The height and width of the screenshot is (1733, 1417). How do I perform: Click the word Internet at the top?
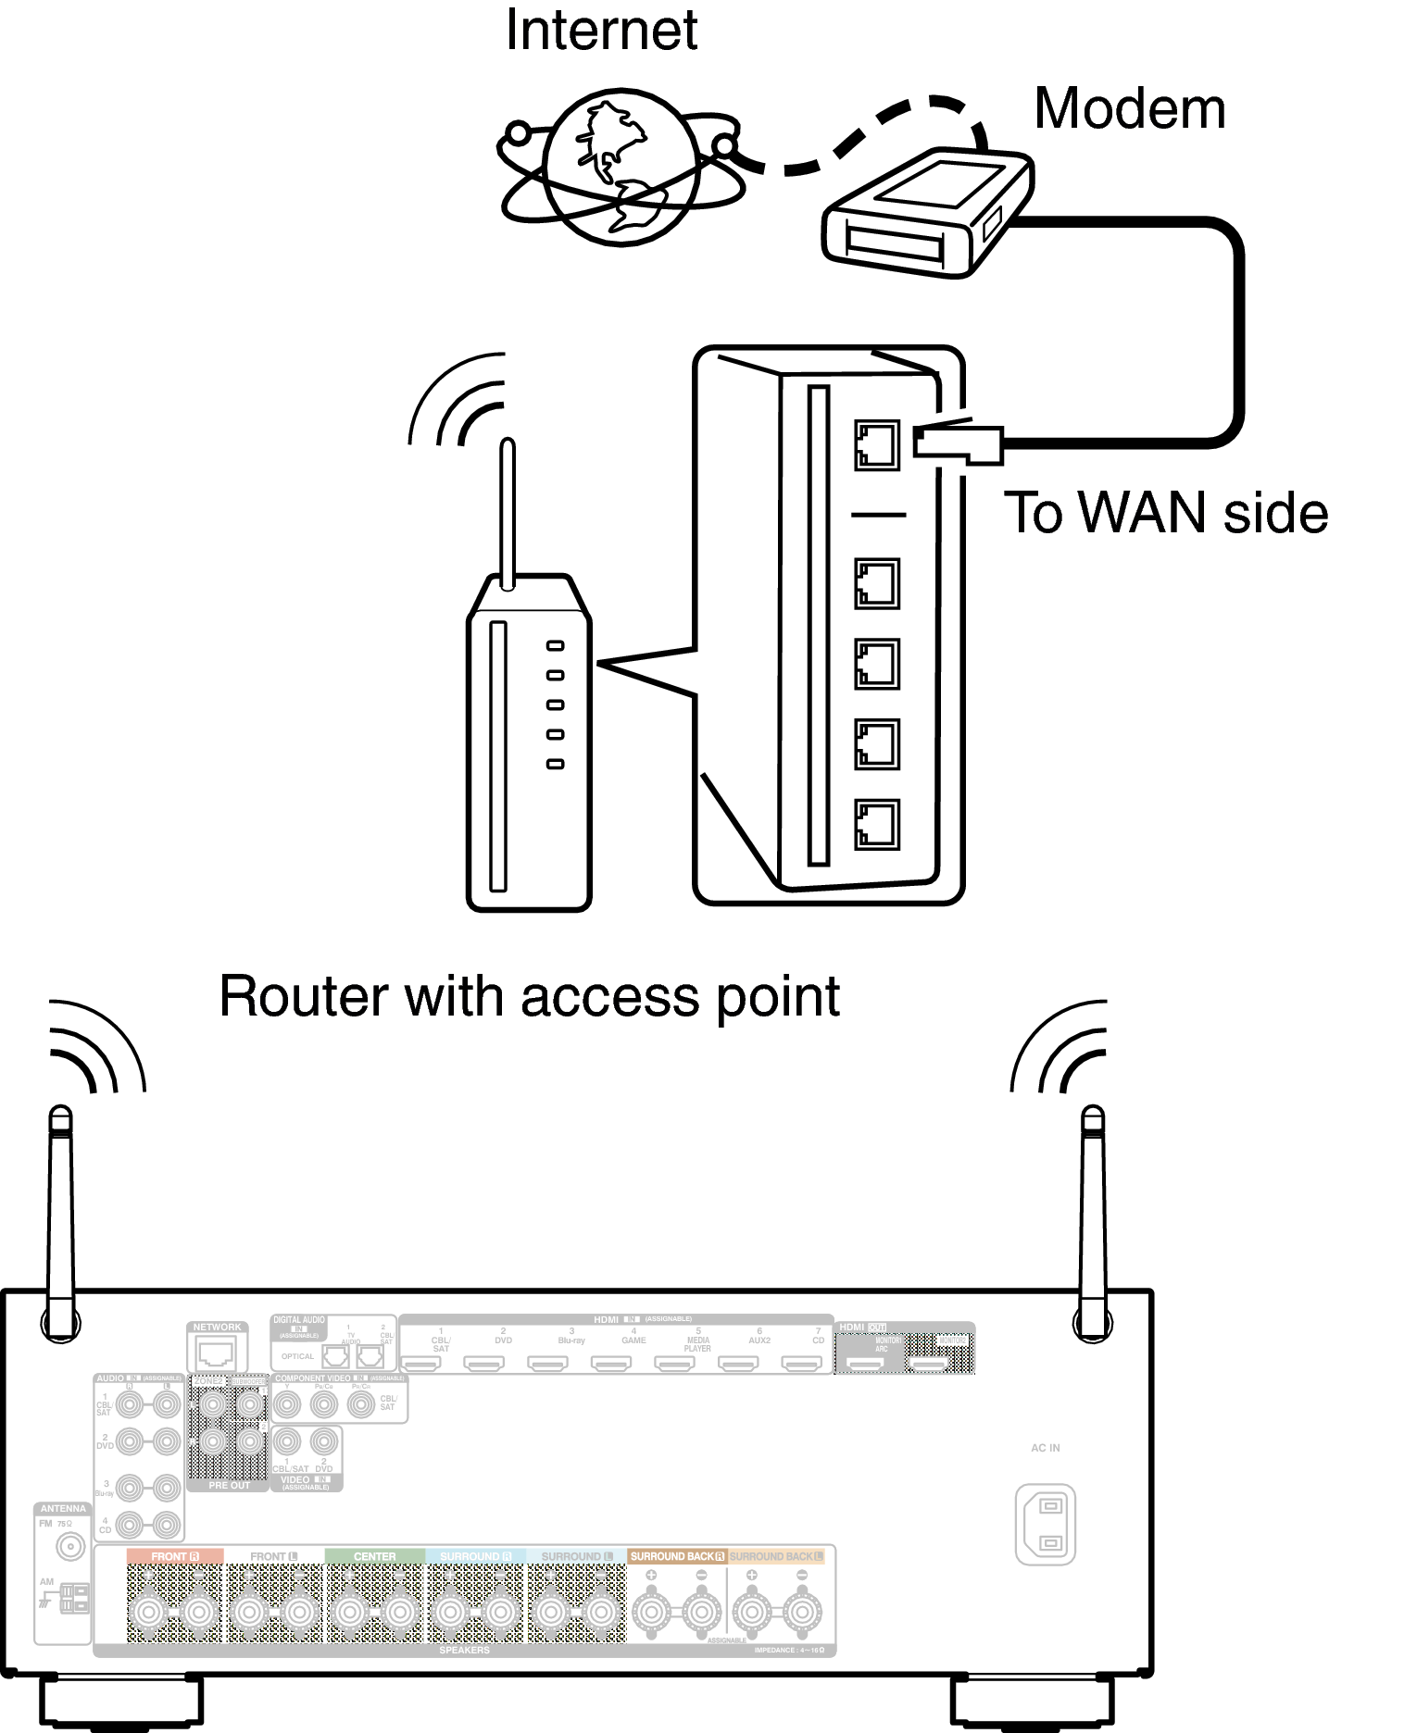(601, 30)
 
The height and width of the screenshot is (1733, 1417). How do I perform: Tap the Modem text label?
(1129, 109)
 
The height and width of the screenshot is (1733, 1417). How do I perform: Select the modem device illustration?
(926, 214)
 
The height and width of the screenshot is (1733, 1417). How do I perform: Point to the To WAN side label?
(1165, 513)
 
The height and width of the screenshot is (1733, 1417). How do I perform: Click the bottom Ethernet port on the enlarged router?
(876, 824)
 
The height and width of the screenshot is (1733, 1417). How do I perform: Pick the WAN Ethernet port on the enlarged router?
(876, 444)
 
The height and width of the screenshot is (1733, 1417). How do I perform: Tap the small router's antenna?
(507, 514)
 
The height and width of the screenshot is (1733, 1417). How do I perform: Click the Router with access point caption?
(529, 997)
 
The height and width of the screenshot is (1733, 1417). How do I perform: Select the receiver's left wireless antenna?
(60, 1222)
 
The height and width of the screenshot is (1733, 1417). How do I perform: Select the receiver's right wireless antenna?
(1093, 1222)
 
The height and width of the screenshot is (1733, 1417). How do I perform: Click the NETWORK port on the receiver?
(217, 1354)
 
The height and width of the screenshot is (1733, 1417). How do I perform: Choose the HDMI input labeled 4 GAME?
(611, 1363)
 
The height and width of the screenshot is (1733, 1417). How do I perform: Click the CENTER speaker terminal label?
(374, 1556)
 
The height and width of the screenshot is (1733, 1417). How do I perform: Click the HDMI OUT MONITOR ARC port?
(867, 1364)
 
